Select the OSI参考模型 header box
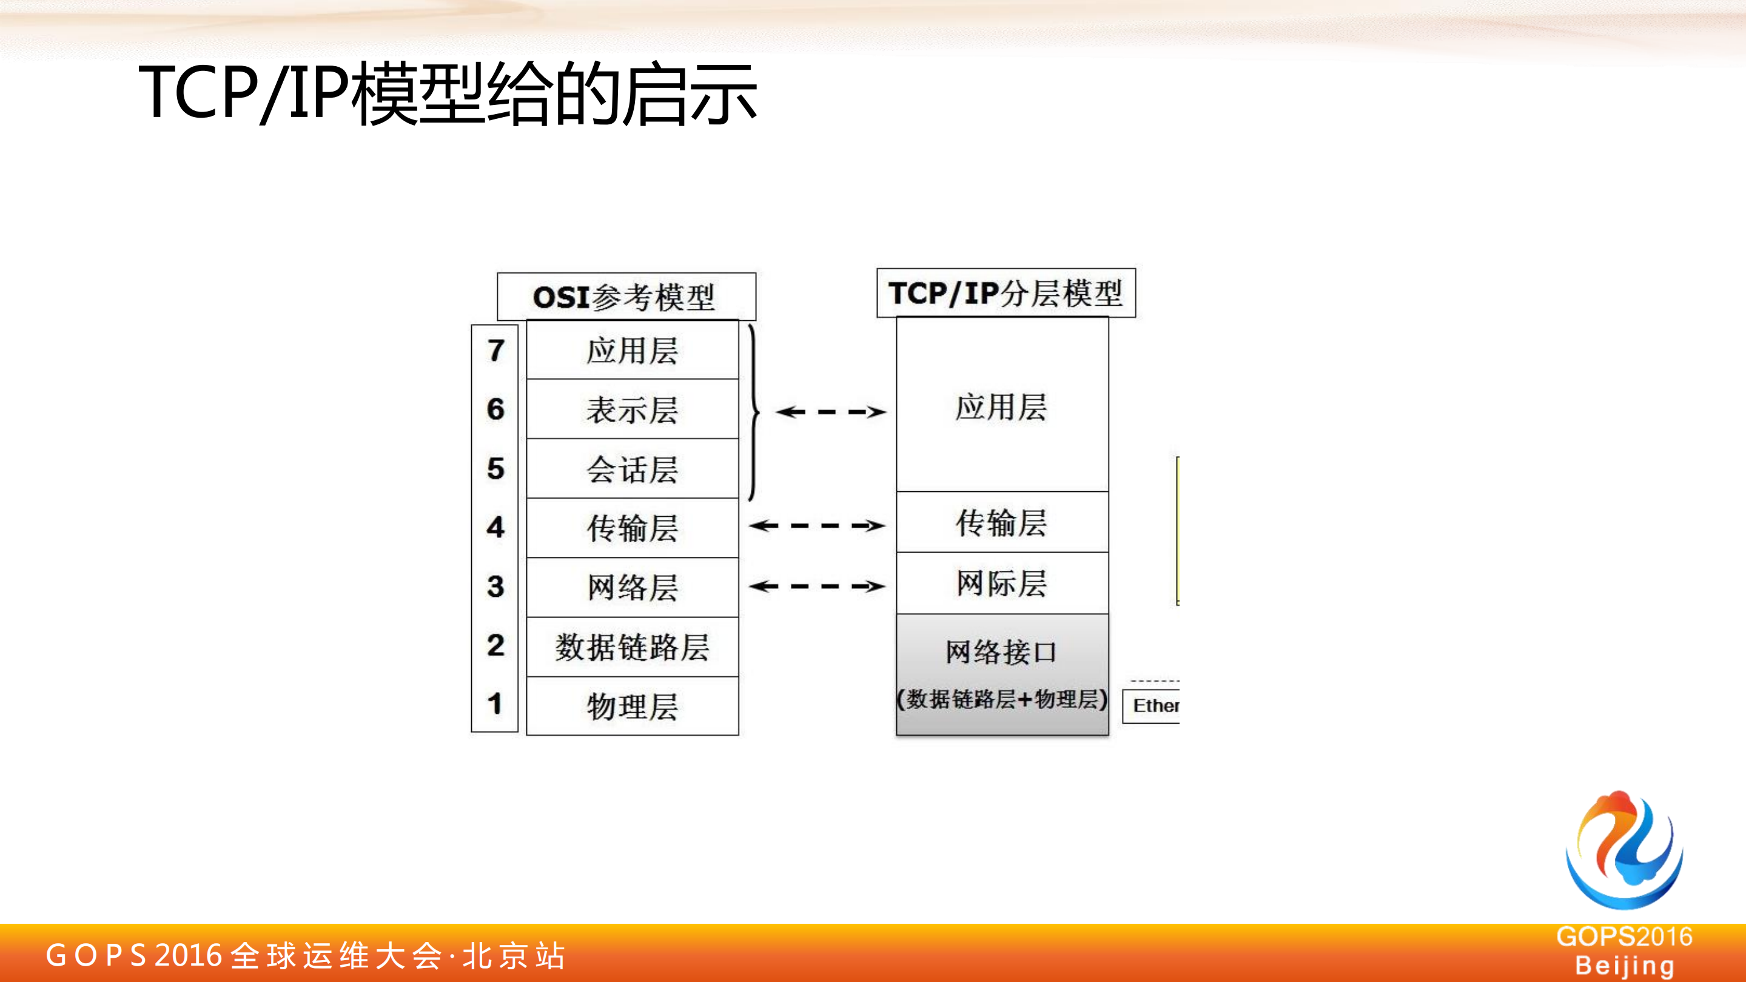626,297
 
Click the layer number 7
495,351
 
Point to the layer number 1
495,704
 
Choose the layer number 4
495,526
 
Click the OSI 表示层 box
632,409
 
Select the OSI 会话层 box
632,468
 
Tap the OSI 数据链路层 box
632,647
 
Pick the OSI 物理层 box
632,706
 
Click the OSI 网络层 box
632,587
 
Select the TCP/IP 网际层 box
1002,583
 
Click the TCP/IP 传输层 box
1002,522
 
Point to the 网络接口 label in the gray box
1001,652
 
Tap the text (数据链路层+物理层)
1002,699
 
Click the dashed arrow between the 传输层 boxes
817,525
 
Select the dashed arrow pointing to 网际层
817,586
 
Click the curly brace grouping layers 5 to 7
753,411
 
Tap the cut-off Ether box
1152,706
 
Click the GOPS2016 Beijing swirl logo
1624,850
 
